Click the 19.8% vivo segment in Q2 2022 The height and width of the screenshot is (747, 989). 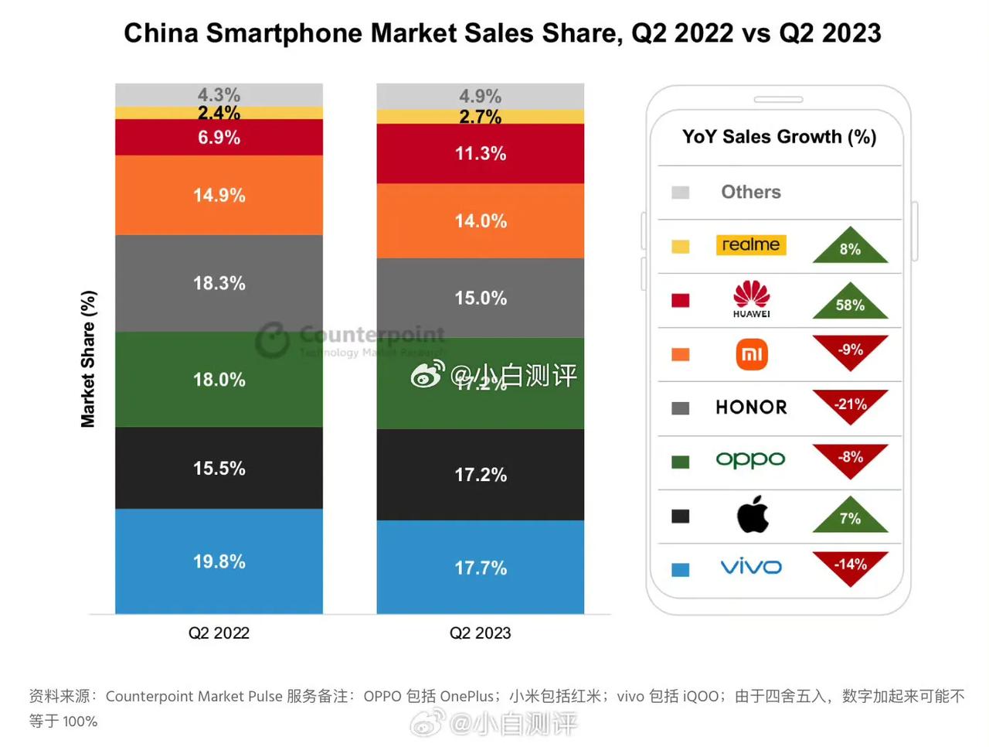point(219,561)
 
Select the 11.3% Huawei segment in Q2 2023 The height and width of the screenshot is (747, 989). point(480,154)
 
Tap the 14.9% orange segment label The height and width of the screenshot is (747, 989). point(219,195)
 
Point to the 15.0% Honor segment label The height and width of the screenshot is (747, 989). point(480,298)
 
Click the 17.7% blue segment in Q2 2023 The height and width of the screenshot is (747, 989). point(480,568)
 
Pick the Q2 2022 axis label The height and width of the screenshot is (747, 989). point(219,633)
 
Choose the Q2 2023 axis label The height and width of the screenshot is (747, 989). point(480,633)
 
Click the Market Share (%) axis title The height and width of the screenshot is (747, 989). point(88,359)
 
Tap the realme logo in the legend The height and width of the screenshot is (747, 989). point(750,245)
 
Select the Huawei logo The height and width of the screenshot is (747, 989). point(751,298)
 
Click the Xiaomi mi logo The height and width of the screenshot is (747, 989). point(751,354)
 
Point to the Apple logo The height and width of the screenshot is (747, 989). point(752,514)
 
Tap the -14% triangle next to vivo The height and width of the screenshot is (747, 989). point(850,565)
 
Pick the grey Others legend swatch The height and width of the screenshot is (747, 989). point(680,193)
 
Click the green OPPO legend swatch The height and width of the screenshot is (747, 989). point(680,462)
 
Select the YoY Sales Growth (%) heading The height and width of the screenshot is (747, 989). point(779,137)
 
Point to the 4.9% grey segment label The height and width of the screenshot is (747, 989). point(480,96)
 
